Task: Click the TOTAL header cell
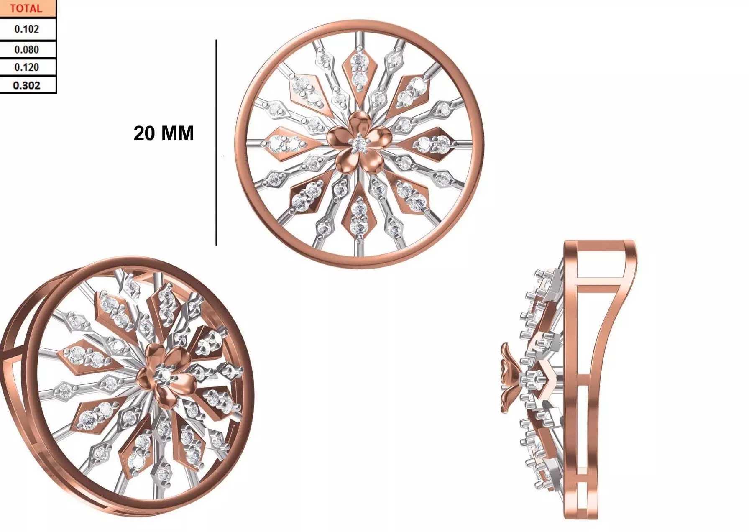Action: pos(26,8)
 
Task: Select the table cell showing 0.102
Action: pos(26,29)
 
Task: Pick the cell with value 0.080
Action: pos(26,50)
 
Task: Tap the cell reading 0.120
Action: pos(26,67)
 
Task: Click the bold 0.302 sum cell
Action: pos(26,85)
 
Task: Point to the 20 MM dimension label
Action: pos(164,133)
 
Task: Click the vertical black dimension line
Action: pos(216,142)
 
